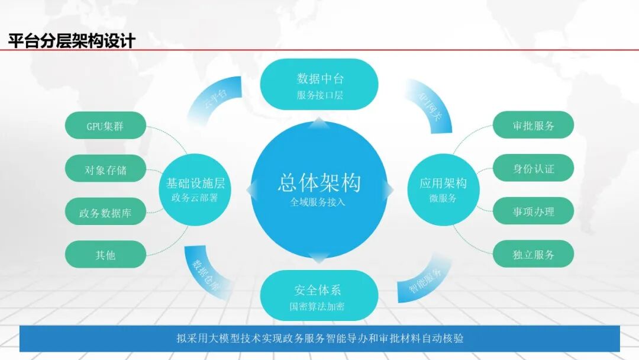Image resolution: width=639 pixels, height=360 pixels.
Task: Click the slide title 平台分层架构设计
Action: coord(72,41)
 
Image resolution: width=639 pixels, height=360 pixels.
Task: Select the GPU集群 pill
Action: coord(105,126)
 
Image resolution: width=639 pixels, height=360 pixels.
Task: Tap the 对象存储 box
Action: coord(105,170)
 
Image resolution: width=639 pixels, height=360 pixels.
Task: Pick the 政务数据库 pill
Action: coord(105,213)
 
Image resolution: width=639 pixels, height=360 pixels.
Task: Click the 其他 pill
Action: coord(105,256)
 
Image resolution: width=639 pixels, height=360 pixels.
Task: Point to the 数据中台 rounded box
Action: coord(319,84)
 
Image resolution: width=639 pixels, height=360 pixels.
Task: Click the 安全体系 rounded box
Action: coord(319,295)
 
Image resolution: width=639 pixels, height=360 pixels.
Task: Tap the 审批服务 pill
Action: coord(533,126)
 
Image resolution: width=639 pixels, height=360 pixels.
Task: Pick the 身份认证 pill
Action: coord(533,169)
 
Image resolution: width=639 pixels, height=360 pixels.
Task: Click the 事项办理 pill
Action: coord(533,211)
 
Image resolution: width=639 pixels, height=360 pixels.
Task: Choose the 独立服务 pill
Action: coord(533,255)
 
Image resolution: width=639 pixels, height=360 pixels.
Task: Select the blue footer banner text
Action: coord(319,339)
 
